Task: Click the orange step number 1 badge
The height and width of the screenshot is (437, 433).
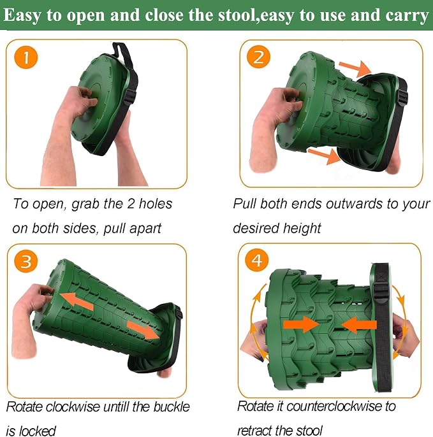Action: pyautogui.click(x=26, y=57)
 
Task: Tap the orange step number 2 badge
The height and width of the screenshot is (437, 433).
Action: pyautogui.click(x=258, y=57)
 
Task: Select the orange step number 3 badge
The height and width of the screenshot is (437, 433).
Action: pyautogui.click(x=26, y=261)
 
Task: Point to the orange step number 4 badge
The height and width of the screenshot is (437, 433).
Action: pyautogui.click(x=257, y=260)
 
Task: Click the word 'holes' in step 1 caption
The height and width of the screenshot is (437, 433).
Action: pyautogui.click(x=156, y=204)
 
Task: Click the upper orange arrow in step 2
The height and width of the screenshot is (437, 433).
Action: pyautogui.click(x=355, y=68)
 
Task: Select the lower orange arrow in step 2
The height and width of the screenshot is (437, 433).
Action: pyautogui.click(x=324, y=155)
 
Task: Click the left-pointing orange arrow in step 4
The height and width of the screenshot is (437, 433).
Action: pyautogui.click(x=359, y=324)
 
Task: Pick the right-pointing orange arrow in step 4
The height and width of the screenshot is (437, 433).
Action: pyautogui.click(x=301, y=324)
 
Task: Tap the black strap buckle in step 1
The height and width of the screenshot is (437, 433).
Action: pyautogui.click(x=130, y=96)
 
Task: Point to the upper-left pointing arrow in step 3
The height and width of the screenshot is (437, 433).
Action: pyautogui.click(x=77, y=301)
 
